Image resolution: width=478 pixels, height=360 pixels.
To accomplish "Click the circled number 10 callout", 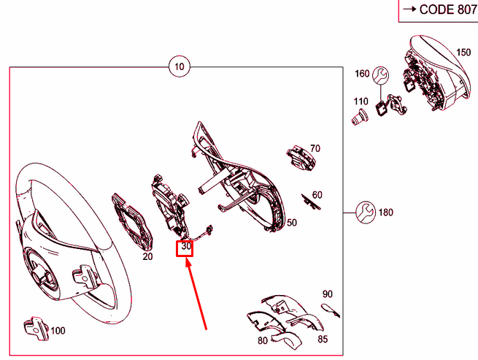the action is click(180, 66).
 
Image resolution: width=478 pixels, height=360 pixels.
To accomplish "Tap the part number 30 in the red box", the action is click(186, 246).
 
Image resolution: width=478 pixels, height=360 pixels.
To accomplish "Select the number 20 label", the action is click(147, 256).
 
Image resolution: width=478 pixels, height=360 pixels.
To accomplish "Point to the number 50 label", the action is click(292, 223).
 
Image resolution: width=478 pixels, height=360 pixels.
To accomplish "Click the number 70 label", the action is click(315, 148).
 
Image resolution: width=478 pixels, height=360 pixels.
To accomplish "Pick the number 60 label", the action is click(317, 195).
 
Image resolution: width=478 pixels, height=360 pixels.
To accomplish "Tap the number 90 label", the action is click(328, 294).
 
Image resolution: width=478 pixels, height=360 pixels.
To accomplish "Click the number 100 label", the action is click(58, 331).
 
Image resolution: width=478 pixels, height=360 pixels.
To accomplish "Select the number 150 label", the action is click(463, 52).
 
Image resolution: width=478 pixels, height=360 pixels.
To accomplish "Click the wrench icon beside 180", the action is click(366, 212).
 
